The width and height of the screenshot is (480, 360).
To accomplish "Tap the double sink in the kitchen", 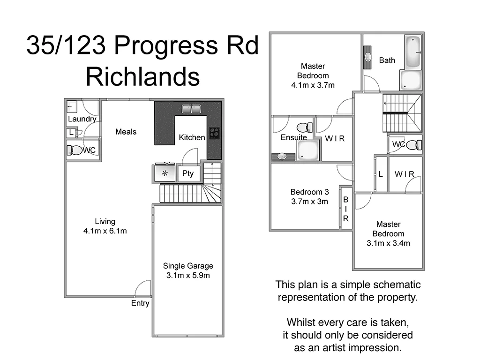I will (x=191, y=109).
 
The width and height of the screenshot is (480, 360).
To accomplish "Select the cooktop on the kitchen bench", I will (x=214, y=133).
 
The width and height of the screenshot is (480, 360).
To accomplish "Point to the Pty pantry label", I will (x=187, y=173).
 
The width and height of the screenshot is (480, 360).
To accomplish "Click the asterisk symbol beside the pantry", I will (x=165, y=174).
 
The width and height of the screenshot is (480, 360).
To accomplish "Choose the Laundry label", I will (x=82, y=119).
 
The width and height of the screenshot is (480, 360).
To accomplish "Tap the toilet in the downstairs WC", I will (x=75, y=150).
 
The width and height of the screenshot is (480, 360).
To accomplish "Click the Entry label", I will (x=140, y=303).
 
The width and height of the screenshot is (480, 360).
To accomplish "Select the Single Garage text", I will (x=188, y=266).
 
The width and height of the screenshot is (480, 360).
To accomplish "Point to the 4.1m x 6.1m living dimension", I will (x=105, y=231).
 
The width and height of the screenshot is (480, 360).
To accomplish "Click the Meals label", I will (x=126, y=132).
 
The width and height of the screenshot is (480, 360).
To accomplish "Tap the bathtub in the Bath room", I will (x=413, y=52).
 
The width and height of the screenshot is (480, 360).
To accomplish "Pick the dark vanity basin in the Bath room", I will (x=367, y=57).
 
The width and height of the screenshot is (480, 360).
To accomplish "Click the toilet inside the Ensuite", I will (x=305, y=127).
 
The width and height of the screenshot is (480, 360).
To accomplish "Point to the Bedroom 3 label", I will (x=309, y=192).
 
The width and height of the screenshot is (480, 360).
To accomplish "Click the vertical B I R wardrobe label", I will (x=346, y=209).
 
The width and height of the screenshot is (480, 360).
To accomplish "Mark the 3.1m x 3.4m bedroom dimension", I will (x=388, y=243).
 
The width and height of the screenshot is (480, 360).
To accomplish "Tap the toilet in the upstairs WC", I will (x=413, y=145).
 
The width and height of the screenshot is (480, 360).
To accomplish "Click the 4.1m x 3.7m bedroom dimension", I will (x=313, y=85).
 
